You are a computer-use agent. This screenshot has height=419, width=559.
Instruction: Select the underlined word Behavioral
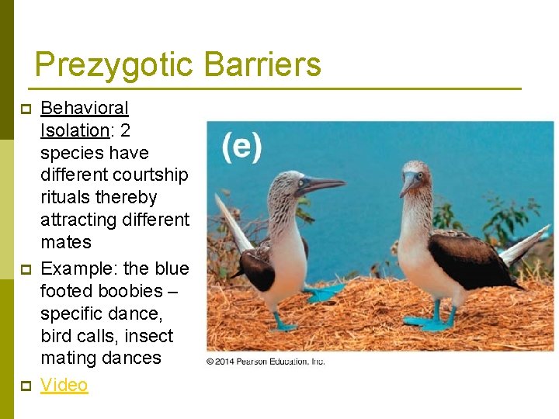[85, 108]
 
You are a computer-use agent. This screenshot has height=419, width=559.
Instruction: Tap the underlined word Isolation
[74, 130]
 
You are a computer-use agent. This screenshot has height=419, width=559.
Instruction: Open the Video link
[64, 385]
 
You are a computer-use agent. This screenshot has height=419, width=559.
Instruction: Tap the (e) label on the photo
[241, 146]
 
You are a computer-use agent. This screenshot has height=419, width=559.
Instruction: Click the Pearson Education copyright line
[266, 362]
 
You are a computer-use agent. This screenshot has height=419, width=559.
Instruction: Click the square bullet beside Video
[26, 386]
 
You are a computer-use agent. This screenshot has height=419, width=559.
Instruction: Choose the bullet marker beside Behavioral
[26, 109]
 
